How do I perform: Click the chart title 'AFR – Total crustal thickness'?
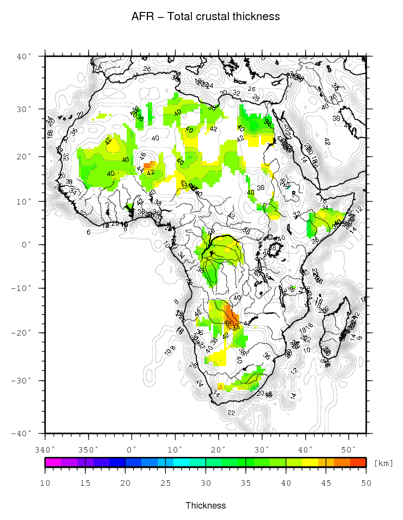tap(206, 16)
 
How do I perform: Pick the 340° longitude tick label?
tap(45, 450)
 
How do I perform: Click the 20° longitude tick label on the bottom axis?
tap(219, 450)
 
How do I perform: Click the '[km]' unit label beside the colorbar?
tap(383, 463)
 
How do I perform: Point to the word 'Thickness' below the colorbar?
tap(206, 505)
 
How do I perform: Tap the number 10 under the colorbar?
tap(45, 482)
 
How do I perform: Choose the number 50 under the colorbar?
tap(366, 482)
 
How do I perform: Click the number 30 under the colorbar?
tap(206, 482)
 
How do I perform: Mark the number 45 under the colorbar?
tap(326, 482)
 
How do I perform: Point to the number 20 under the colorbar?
tap(126, 482)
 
